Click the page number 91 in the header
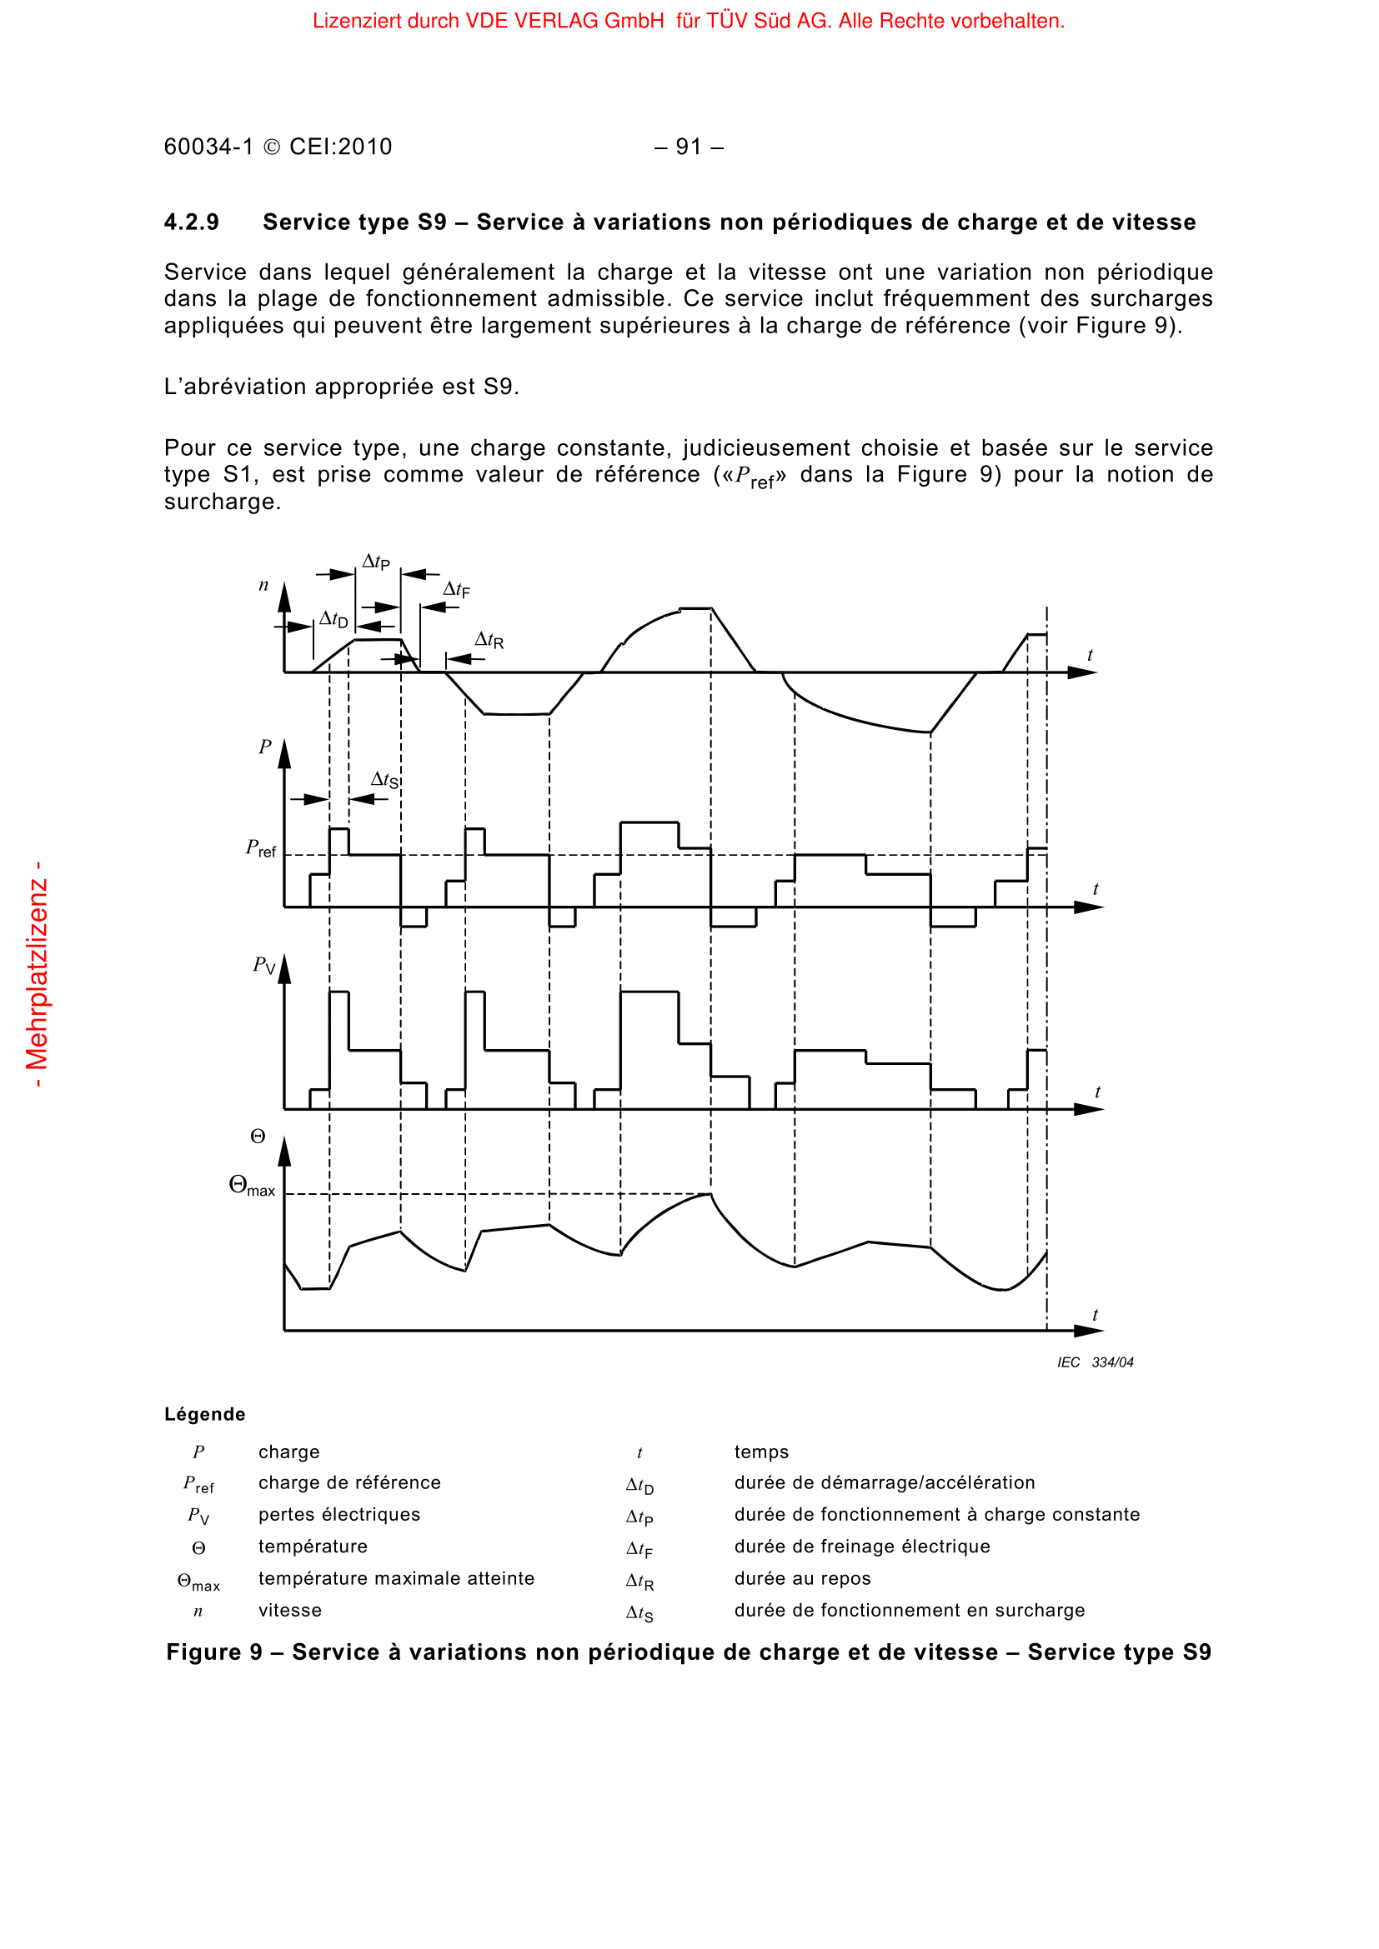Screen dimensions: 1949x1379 click(689, 147)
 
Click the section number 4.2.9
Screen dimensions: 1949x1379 click(191, 222)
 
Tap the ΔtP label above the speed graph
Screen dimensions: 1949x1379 click(376, 562)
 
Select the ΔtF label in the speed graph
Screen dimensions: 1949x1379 click(456, 590)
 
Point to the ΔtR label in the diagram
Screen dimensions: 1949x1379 click(489, 640)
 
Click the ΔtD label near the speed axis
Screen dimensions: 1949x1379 click(333, 621)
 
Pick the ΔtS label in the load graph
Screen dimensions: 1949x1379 click(384, 780)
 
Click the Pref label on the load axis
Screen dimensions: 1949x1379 click(261, 848)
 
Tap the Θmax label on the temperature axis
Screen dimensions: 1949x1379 click(252, 1187)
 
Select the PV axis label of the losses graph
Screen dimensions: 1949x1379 click(264, 965)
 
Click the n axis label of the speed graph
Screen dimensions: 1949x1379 click(263, 586)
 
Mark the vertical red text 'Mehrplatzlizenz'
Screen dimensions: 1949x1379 click(38, 975)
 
